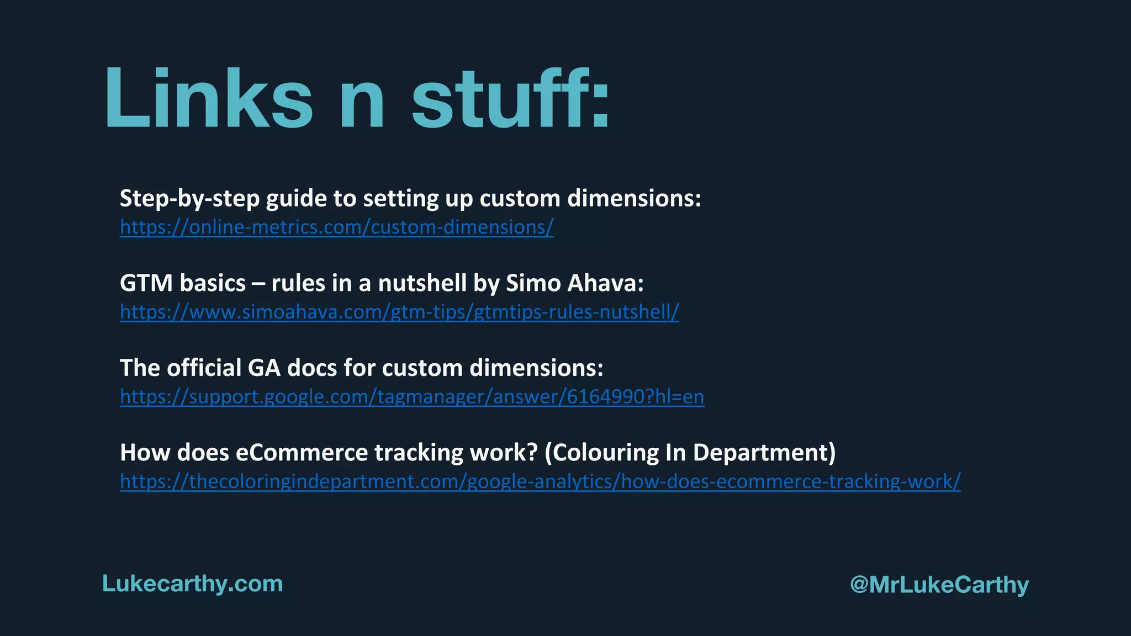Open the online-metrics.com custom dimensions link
(x=337, y=227)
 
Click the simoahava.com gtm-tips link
(x=399, y=312)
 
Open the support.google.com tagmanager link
(x=412, y=396)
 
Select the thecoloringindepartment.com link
(x=540, y=481)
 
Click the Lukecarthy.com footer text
(x=192, y=584)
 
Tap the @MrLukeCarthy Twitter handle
(x=939, y=585)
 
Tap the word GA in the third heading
(x=264, y=368)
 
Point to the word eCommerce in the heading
(x=302, y=453)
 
